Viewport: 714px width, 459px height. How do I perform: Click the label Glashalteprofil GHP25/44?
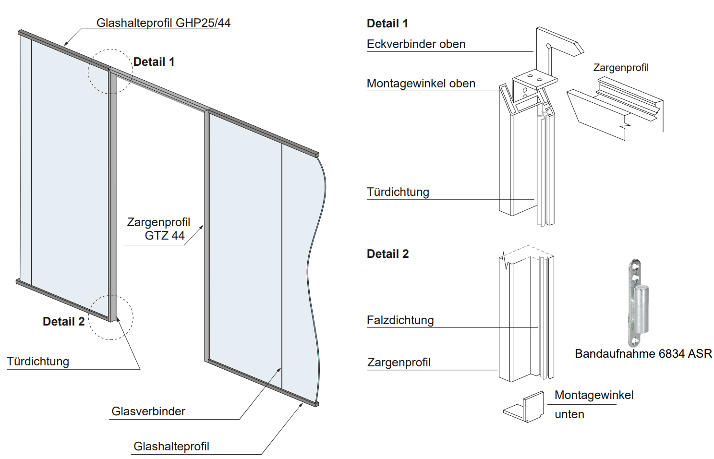click(163, 23)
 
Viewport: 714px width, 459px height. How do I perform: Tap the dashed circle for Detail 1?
click(110, 71)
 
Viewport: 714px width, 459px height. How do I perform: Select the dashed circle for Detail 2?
click(111, 317)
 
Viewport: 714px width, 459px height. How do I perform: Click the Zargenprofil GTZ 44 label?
click(158, 229)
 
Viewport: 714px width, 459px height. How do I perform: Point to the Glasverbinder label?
click(148, 411)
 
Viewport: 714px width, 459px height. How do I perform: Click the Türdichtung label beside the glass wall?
click(38, 362)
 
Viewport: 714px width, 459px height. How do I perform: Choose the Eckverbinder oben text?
click(416, 44)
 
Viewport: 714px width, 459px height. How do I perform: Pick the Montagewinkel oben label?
click(421, 84)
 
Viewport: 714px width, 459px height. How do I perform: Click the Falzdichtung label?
click(400, 320)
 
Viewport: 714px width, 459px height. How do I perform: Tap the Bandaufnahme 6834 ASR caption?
click(643, 354)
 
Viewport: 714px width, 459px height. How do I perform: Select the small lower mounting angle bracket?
click(524, 408)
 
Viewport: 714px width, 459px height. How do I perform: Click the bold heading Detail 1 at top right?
click(387, 24)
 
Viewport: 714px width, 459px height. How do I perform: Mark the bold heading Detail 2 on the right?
click(387, 254)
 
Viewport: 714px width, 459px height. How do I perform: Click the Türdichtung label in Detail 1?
click(398, 192)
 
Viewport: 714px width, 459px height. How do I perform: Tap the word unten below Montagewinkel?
click(569, 414)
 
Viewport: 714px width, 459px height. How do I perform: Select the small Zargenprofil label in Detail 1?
click(620, 68)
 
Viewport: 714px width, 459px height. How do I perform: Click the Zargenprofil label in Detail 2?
click(399, 362)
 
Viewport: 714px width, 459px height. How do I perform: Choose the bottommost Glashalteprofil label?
click(171, 447)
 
